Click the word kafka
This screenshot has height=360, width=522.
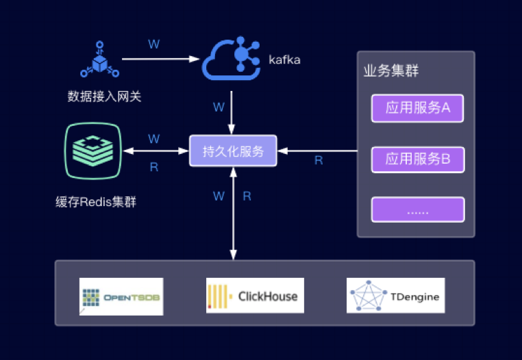(x=284, y=60)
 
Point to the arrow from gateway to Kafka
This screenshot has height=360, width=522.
(x=160, y=60)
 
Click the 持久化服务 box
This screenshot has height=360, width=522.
(x=233, y=151)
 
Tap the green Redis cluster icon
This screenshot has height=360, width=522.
(x=93, y=151)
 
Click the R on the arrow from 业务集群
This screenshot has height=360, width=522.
(x=319, y=161)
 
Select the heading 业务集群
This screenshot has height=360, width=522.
(x=390, y=71)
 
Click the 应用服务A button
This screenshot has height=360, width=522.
(x=418, y=107)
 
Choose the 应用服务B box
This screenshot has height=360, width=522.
(x=418, y=159)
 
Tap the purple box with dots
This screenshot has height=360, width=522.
(x=418, y=209)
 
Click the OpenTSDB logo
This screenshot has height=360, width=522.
(x=121, y=296)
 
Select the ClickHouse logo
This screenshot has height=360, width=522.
(x=255, y=296)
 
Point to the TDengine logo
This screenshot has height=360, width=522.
(x=395, y=296)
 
